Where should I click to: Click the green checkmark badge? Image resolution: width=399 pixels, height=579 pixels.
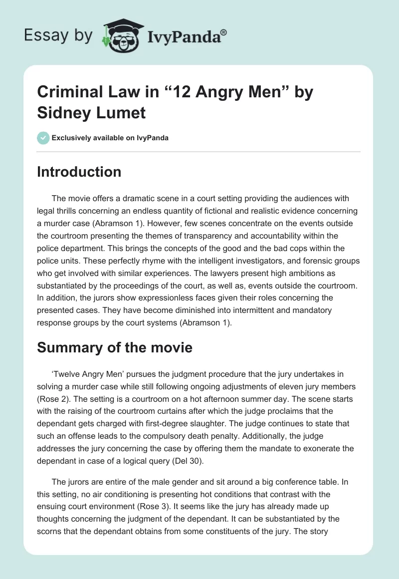[43, 138]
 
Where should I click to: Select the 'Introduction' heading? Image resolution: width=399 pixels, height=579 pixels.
[79, 172]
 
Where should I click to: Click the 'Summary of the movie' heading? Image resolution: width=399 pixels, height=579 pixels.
[115, 347]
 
